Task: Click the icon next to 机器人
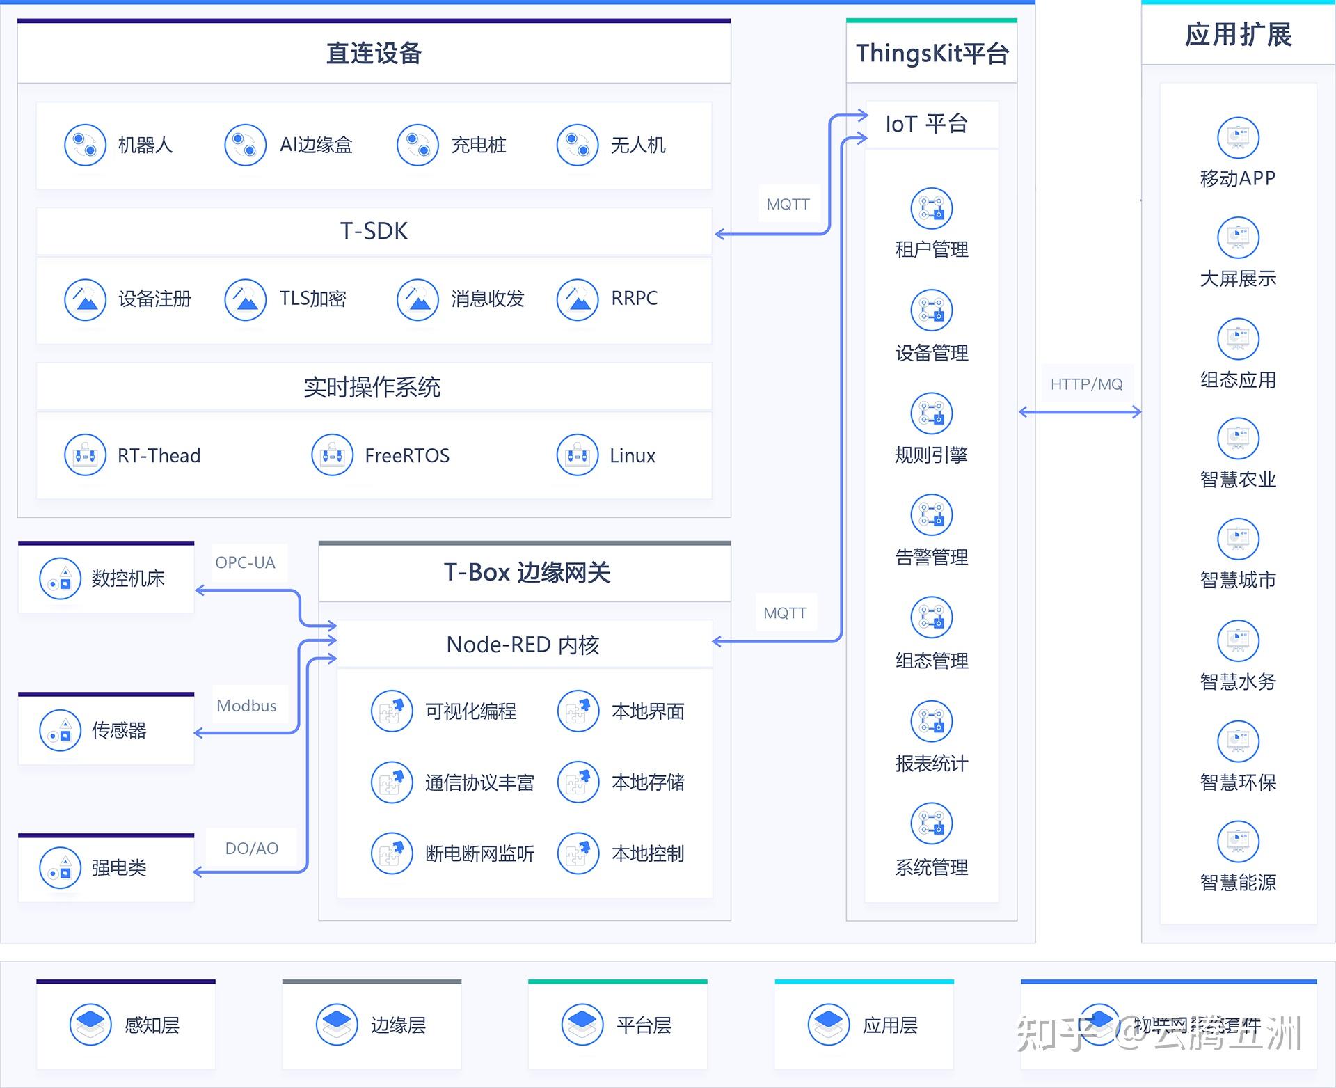pos(85,145)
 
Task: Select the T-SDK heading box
pos(374,231)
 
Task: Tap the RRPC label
pos(634,298)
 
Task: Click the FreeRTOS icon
pos(332,455)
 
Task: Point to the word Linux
pos(632,456)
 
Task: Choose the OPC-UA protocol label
pos(245,562)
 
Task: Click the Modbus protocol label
pos(246,706)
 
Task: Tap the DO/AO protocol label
pos(251,849)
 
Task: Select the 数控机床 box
pos(106,578)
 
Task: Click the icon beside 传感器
pos(60,730)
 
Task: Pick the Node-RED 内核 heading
pos(523,645)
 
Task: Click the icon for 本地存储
pos(578,782)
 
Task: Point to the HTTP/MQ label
pos(1086,384)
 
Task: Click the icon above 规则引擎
pos(931,413)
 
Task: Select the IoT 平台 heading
pos(926,124)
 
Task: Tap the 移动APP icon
pos(1238,137)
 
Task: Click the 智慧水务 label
pos(1238,681)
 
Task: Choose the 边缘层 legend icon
pos(337,1024)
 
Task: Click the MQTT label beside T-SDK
pos(788,205)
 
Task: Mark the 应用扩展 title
pos(1238,35)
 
